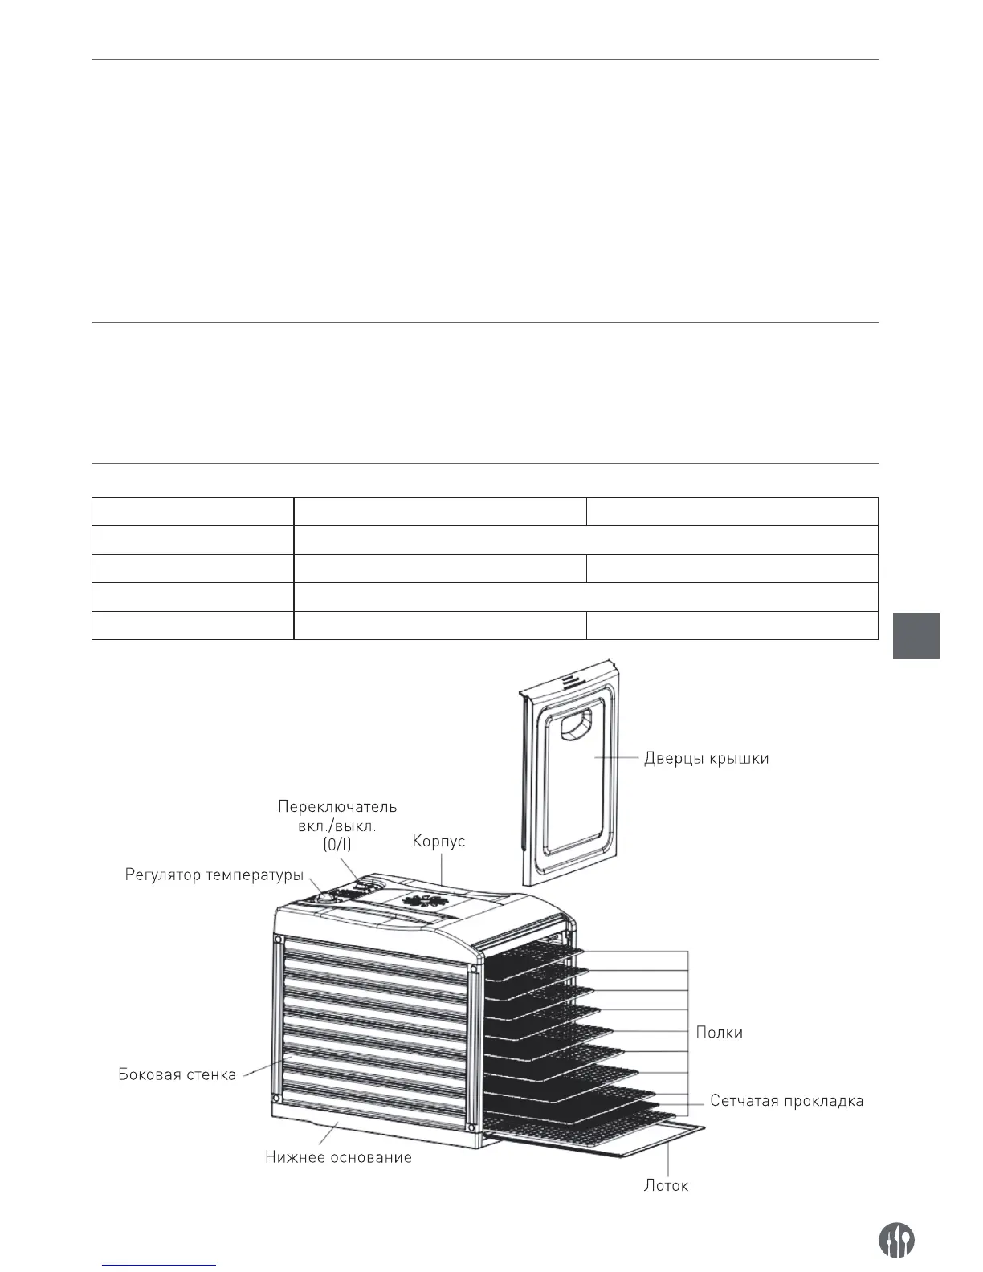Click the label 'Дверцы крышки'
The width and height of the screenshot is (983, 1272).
(x=706, y=758)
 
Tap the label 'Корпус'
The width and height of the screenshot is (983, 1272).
(x=438, y=842)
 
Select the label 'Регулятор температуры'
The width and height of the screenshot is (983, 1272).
(x=214, y=874)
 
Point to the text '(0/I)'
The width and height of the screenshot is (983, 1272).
(x=337, y=846)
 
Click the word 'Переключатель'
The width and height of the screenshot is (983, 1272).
(x=337, y=806)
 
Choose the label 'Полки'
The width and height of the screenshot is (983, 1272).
(x=719, y=1033)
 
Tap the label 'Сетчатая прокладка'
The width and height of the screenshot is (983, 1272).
(x=786, y=1100)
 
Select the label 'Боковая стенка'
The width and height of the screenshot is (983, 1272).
(x=177, y=1074)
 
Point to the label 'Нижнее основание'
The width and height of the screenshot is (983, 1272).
(x=338, y=1157)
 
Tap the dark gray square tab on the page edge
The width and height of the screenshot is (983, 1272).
(x=916, y=636)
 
